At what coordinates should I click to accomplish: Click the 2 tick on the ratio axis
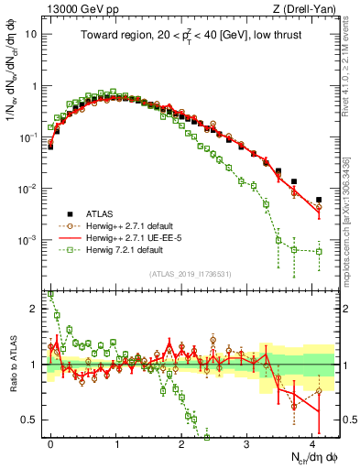coord(35,309)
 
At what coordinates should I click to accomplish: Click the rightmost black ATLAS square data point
coord(319,199)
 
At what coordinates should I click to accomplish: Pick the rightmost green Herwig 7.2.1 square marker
coord(319,251)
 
